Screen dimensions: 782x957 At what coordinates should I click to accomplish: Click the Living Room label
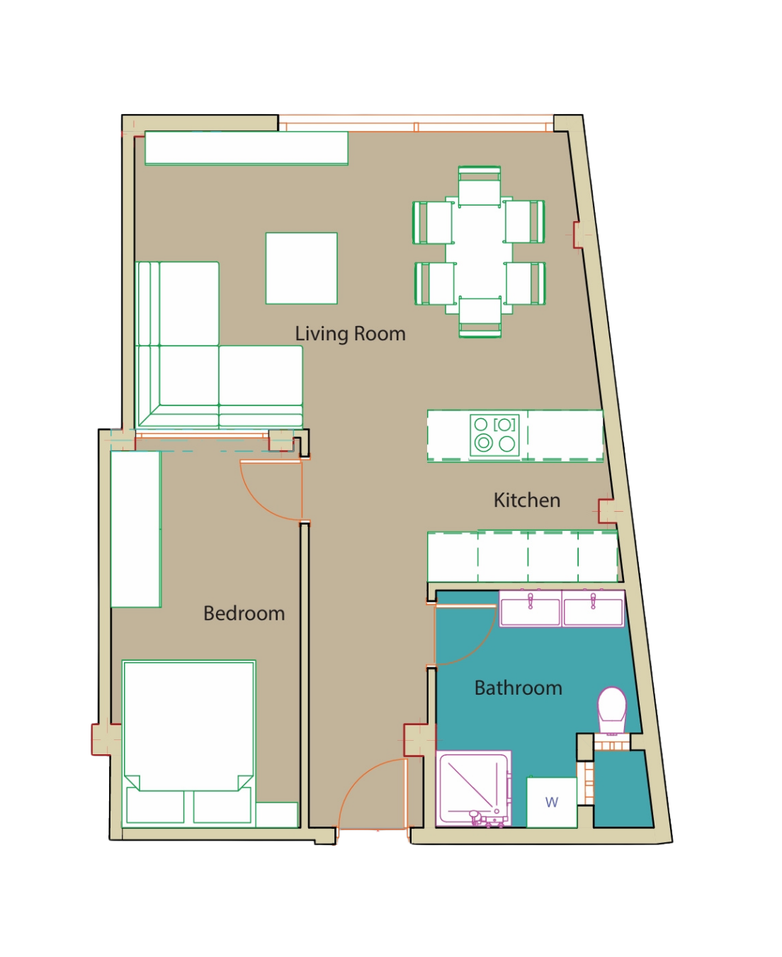pos(350,334)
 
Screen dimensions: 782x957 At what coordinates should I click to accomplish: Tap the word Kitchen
pos(527,500)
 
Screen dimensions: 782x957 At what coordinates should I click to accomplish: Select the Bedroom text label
pos(244,613)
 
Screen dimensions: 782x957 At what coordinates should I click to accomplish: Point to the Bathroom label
pos(518,688)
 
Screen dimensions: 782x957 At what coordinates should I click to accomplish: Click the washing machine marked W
pos(551,802)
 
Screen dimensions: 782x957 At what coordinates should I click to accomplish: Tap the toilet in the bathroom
pos(611,710)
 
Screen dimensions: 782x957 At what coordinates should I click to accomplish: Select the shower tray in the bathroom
pos(473,788)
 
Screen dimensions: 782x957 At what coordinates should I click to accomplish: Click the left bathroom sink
pos(530,608)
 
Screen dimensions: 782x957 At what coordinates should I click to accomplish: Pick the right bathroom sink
pos(593,608)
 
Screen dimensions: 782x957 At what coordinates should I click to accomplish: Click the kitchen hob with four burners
pos(494,435)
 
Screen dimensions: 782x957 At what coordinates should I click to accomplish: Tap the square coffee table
pos(302,268)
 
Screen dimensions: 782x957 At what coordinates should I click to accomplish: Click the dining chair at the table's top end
pos(479,186)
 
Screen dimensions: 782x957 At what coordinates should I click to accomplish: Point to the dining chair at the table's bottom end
pos(480,317)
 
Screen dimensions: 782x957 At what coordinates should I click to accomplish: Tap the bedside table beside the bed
pos(276,815)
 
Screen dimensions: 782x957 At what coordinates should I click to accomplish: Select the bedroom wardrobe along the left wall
pos(136,529)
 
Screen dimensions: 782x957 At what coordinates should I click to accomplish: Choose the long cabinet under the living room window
pos(246,148)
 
